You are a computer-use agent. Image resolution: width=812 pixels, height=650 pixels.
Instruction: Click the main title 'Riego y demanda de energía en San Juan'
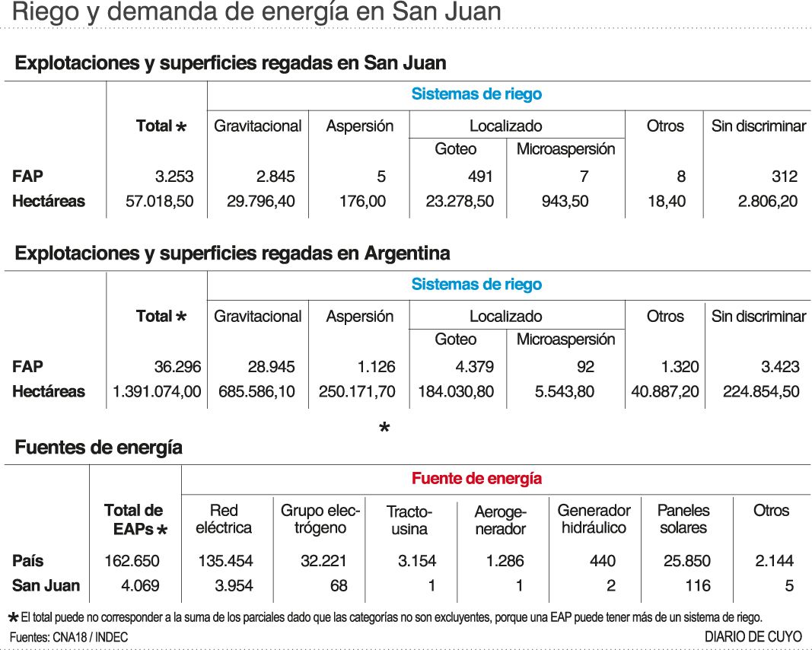[257, 13]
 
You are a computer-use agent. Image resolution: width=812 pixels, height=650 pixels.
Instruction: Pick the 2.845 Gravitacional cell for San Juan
[275, 177]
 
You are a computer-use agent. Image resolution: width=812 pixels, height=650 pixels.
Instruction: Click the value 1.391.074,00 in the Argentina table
[157, 392]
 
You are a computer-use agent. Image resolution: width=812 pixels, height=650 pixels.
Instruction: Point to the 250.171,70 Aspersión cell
[358, 392]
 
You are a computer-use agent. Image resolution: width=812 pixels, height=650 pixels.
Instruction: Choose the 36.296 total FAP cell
[177, 367]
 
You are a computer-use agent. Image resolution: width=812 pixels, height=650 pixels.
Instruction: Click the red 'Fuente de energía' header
[476, 479]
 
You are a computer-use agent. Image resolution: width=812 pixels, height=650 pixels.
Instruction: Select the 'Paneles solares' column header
[683, 519]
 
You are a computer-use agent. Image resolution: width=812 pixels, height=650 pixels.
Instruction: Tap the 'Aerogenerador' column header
[500, 519]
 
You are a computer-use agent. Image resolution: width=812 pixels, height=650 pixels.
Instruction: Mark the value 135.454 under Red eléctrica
[225, 561]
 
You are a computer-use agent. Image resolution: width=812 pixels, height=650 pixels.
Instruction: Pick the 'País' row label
[28, 561]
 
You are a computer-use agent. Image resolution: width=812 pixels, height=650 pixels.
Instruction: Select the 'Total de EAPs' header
[135, 519]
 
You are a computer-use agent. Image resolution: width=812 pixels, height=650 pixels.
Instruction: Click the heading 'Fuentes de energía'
[98, 448]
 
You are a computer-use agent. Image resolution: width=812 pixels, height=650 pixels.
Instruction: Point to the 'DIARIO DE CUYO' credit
[753, 636]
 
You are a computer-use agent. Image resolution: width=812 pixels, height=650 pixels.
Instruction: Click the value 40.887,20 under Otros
[664, 392]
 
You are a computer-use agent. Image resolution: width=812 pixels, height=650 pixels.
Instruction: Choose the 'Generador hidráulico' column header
[594, 519]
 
